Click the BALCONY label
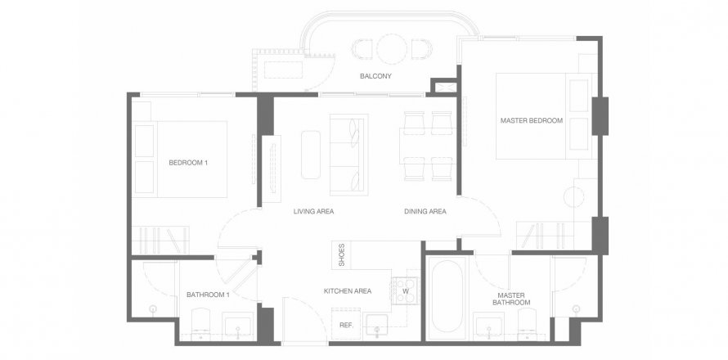[x=375, y=76]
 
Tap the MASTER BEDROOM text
[x=531, y=121]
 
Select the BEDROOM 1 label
[x=188, y=163]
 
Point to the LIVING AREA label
[x=313, y=211]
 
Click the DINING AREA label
[x=425, y=211]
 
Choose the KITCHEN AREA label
[x=348, y=291]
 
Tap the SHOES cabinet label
[x=342, y=255]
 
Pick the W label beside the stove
[x=406, y=292]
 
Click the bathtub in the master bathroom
[x=446, y=296]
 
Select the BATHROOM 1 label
[x=208, y=295]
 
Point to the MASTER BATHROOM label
[x=511, y=299]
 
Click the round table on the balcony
[x=391, y=48]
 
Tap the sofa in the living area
[x=348, y=155]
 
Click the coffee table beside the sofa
[x=311, y=155]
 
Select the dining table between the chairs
[x=428, y=146]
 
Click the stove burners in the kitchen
[x=406, y=291]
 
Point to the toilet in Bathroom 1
[x=201, y=325]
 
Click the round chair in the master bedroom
[x=574, y=196]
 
